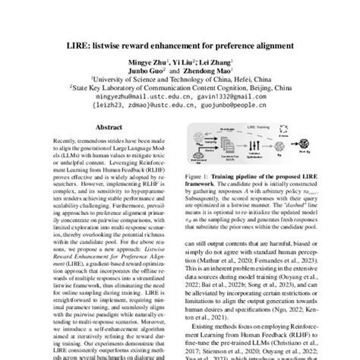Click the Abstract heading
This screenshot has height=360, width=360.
102,128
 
